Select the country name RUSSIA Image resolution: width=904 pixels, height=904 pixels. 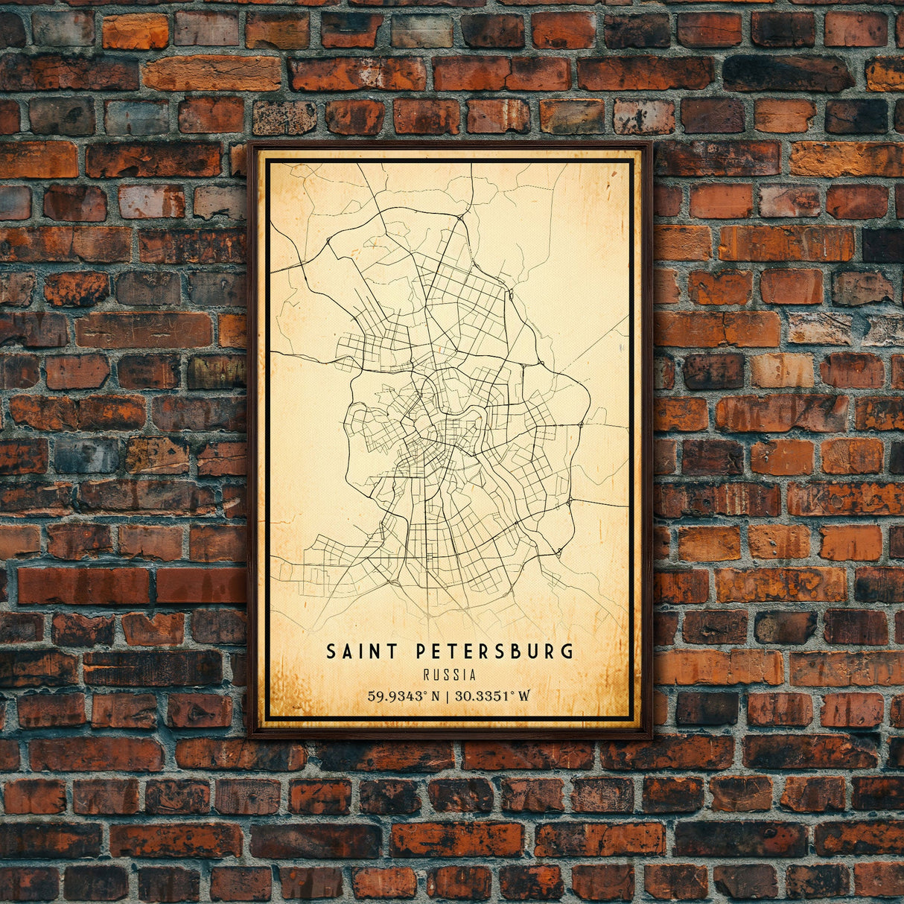(x=449, y=675)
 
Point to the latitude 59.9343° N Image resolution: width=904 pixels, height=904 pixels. (x=402, y=696)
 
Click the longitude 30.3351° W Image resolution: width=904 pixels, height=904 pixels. (x=489, y=696)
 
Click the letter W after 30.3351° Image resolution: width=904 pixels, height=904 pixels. (x=524, y=696)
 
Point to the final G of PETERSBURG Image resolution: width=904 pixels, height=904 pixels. (x=569, y=652)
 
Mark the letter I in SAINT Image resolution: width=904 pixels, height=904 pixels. (x=360, y=652)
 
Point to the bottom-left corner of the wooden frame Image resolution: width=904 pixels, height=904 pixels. (x=249, y=736)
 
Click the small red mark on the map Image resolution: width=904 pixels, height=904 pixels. (x=439, y=348)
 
